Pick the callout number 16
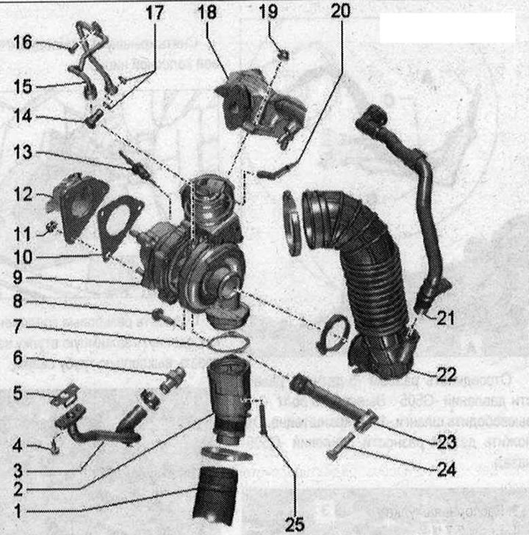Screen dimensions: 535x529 (x=22, y=42)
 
